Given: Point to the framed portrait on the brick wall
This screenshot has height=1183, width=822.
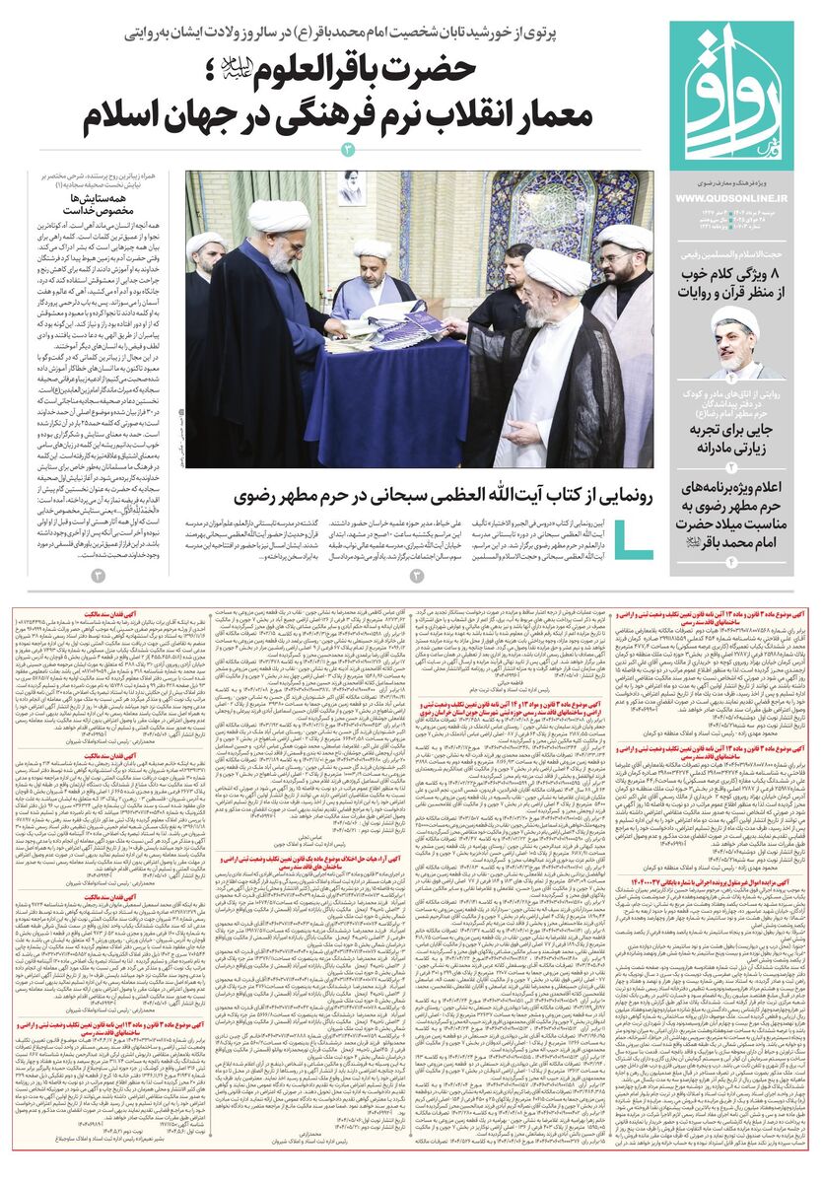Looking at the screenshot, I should coord(350,195).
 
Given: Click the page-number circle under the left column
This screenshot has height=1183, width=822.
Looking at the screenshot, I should coord(97,575).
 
